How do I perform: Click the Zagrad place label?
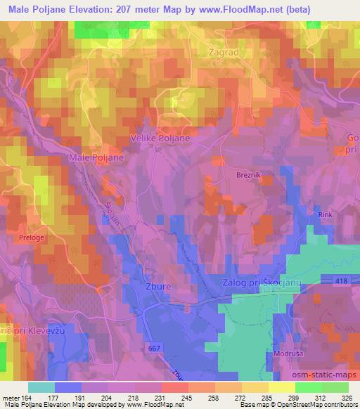[225, 52]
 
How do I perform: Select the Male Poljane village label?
[96, 158]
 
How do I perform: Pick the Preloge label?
[33, 238]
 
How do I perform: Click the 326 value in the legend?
[347, 397]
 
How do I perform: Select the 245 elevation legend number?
[186, 397]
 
